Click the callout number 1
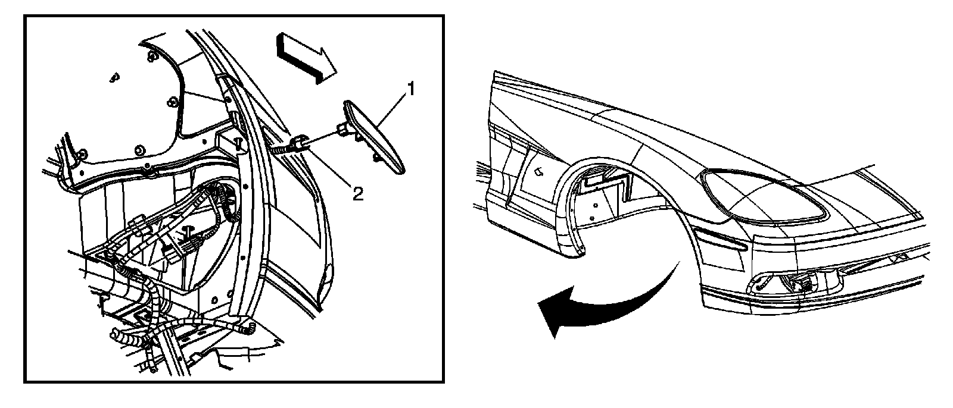click(x=410, y=90)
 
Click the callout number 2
click(x=357, y=194)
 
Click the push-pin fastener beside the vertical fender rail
click(x=239, y=143)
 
